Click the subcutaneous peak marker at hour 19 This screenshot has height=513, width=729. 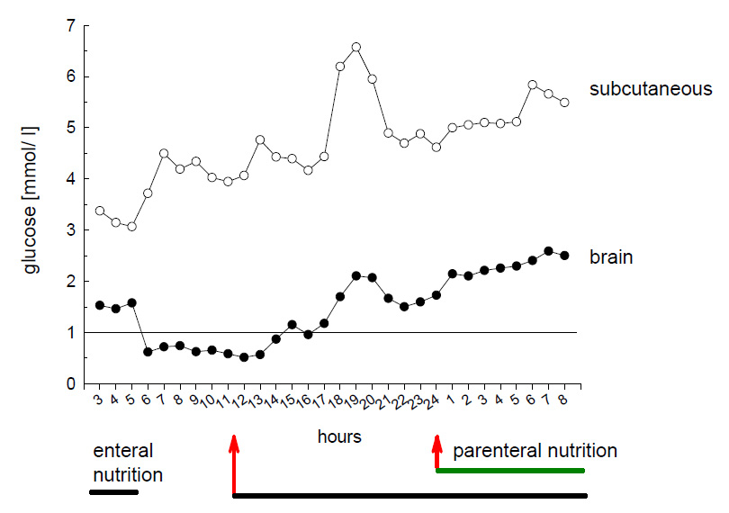click(x=356, y=47)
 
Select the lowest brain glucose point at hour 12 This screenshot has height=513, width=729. click(x=244, y=357)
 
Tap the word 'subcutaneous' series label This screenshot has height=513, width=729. click(x=651, y=89)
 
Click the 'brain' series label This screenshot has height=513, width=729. click(x=611, y=257)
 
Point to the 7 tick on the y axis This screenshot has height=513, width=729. click(x=68, y=25)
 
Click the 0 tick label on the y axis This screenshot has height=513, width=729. click(x=68, y=384)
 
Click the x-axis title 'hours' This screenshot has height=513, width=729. click(x=339, y=437)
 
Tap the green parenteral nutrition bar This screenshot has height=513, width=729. click(x=510, y=470)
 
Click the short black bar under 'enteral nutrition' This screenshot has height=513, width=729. click(x=113, y=492)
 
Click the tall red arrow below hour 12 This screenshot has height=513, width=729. click(x=234, y=463)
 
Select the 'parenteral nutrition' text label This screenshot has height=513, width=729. click(x=535, y=451)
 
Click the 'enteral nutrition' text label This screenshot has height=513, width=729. click(x=125, y=462)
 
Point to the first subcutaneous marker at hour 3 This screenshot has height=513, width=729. click(x=100, y=211)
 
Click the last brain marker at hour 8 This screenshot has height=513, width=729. click(x=564, y=256)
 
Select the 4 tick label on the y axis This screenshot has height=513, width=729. click(x=68, y=179)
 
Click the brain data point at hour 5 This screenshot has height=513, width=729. click(x=132, y=302)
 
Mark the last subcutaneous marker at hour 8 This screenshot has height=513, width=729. click(x=564, y=103)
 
